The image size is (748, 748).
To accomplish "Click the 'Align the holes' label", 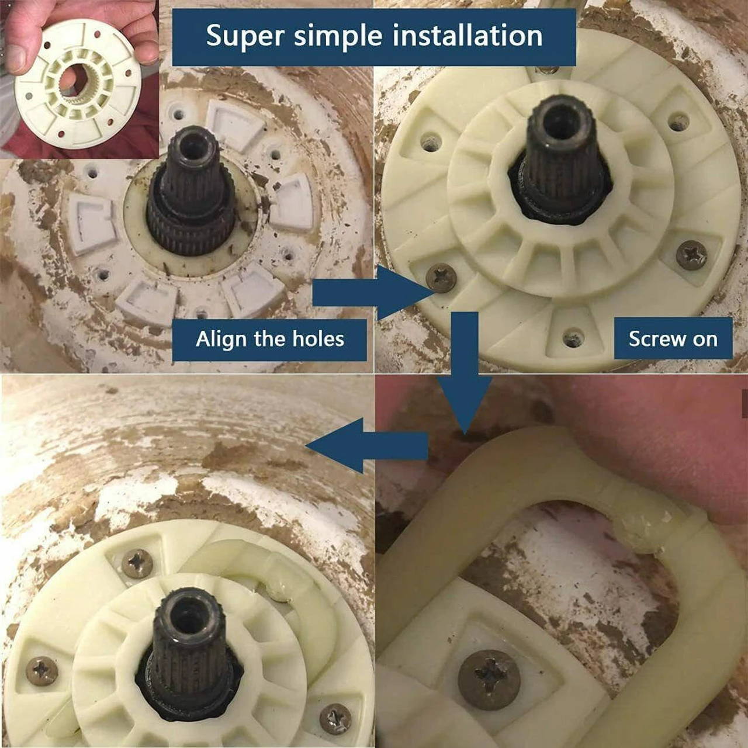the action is click(270, 339).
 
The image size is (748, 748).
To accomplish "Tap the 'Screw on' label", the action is click(673, 339).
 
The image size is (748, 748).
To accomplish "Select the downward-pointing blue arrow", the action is click(465, 373).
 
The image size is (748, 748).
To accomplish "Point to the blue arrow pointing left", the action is click(367, 446).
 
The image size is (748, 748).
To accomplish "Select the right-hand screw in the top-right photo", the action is click(692, 255).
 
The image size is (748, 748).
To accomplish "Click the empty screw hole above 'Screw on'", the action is click(573, 335).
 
